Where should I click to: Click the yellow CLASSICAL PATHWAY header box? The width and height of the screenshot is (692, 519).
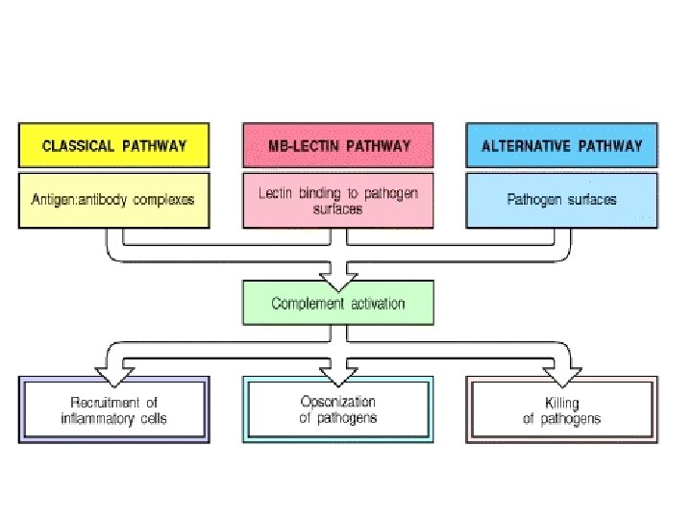pos(114,146)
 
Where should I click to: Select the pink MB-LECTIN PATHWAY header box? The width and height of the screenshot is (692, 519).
pos(337,146)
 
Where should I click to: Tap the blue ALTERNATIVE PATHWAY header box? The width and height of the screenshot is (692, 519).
pos(562,146)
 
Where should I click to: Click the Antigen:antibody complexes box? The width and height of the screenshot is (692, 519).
pos(114,200)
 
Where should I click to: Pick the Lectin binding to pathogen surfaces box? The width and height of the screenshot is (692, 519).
pos(337,200)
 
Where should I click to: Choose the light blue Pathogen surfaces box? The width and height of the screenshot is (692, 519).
pos(562,200)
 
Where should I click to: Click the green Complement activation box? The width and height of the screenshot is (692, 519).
pos(337,303)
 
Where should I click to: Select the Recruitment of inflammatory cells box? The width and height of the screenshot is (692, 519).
pos(114,409)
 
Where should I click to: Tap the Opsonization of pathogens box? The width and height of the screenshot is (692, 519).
pos(337,409)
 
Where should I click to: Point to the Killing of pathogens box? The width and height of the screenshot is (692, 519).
pos(562,409)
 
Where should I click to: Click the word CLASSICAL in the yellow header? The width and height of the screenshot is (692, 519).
pos(78,146)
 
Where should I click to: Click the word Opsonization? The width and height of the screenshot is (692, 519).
pos(337,402)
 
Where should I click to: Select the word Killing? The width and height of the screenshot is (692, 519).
pos(562,402)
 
